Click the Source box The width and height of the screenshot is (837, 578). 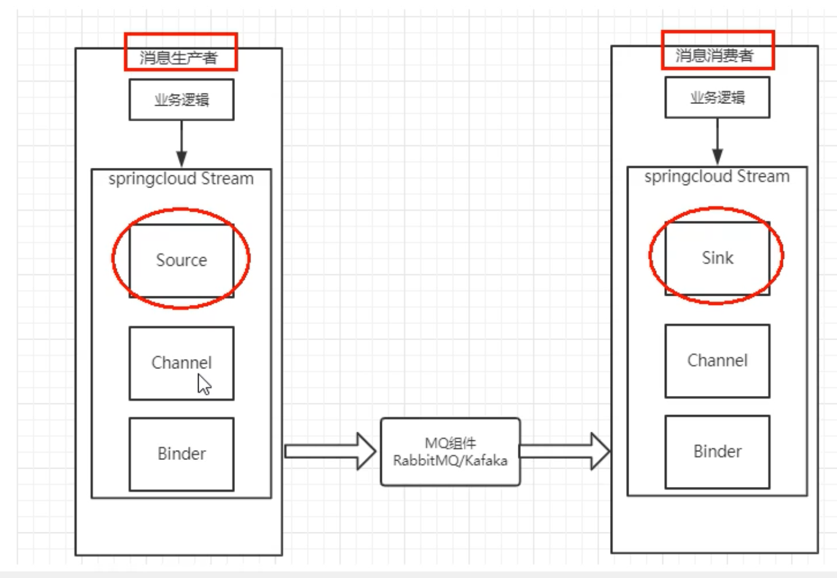coord(181,260)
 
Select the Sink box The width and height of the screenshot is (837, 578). coord(717,258)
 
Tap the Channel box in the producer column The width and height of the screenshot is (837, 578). coord(181,363)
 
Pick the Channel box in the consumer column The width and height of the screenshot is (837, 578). coord(717,360)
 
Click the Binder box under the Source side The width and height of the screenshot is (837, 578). coord(181,454)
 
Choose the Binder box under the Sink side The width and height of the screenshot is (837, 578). coord(717,451)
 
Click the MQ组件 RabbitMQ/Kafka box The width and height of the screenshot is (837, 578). coord(450,452)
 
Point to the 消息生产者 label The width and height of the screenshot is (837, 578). coord(179,58)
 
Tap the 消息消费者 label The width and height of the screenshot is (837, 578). coord(715,55)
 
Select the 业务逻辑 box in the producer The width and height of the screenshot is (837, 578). coord(181,100)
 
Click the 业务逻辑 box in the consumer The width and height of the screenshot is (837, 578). coord(717,97)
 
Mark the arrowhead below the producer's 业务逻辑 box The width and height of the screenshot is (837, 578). coord(181,158)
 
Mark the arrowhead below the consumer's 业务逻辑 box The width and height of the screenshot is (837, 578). coord(717,156)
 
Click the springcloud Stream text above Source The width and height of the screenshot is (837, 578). coord(181,179)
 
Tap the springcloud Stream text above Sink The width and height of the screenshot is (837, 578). coord(717,176)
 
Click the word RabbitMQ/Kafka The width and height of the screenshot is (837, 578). coord(450,461)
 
